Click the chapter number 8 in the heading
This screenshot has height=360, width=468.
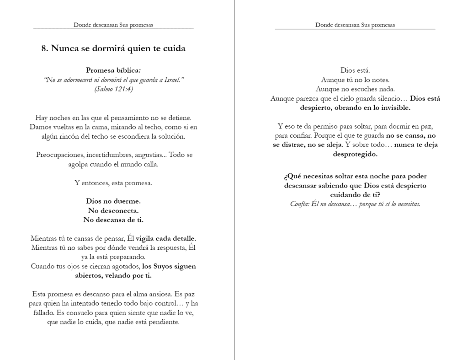44,48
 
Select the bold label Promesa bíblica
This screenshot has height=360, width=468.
113,70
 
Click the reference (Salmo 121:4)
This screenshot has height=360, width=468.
113,89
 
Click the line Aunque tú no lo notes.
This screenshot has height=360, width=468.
355,80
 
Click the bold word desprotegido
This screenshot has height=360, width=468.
355,154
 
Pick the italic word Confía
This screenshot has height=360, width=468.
301,204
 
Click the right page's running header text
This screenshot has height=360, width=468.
355,25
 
